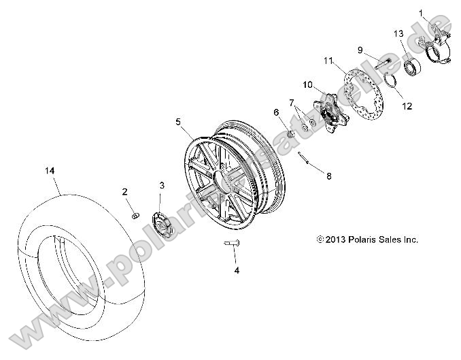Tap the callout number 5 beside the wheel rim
[178, 122]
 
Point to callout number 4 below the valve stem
[237, 270]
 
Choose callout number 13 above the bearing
[398, 34]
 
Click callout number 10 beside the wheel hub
[307, 85]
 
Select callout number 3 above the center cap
[162, 186]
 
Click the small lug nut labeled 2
[135, 216]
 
